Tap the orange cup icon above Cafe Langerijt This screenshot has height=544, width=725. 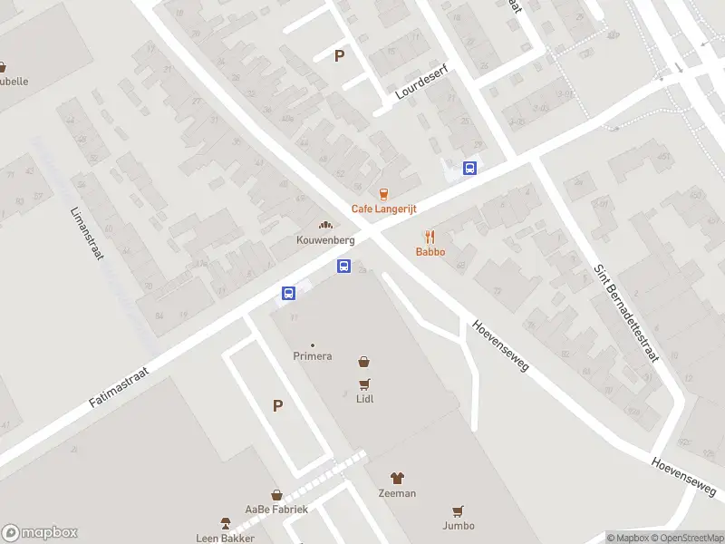383,194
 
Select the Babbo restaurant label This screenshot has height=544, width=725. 430,252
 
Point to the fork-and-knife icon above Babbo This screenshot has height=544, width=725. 430,237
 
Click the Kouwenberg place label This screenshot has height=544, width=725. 324,240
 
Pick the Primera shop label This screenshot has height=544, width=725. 312,356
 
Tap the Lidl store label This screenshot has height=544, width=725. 365,398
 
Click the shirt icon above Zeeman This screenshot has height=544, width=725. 397,478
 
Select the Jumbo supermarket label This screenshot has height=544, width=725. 459,525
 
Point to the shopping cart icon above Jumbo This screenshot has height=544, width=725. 459,510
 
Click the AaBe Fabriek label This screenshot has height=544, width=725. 276,510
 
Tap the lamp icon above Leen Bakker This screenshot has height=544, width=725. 226,523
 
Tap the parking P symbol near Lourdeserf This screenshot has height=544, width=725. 340,56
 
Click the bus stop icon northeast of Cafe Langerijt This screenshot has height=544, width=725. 469,168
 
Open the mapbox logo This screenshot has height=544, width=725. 40,533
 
